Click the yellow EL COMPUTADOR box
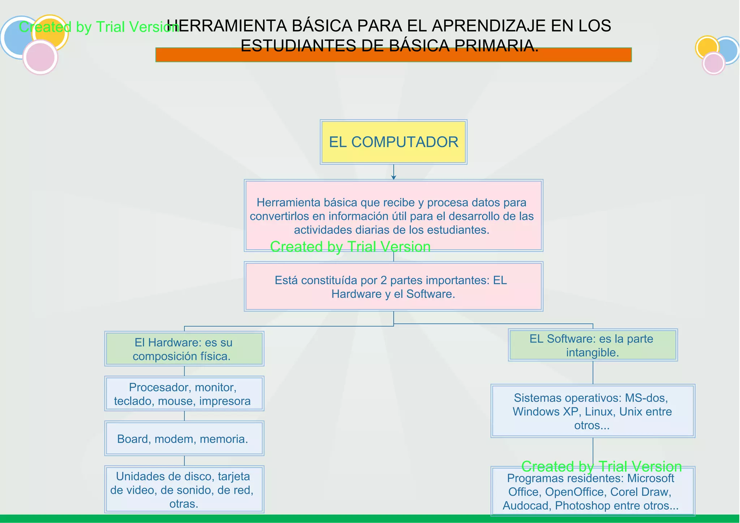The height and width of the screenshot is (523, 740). pyautogui.click(x=393, y=142)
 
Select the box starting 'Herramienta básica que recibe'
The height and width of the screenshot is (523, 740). pyautogui.click(x=393, y=216)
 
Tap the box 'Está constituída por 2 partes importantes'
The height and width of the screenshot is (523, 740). pyautogui.click(x=393, y=286)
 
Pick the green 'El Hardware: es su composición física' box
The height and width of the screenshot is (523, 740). pyautogui.click(x=184, y=349)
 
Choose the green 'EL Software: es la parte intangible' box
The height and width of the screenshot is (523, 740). pyautogui.click(x=593, y=345)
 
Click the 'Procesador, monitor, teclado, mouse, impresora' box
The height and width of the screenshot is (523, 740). pyautogui.click(x=184, y=394)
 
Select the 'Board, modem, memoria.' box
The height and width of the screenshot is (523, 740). pyautogui.click(x=184, y=438)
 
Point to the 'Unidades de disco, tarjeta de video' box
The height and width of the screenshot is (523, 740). pyautogui.click(x=184, y=490)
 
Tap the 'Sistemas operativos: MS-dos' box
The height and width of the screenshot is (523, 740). pyautogui.click(x=593, y=411)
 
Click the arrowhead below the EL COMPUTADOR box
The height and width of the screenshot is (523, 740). pyautogui.click(x=393, y=177)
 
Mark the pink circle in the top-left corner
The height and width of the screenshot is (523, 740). pyautogui.click(x=40, y=57)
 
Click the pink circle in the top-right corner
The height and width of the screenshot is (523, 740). pyautogui.click(x=714, y=64)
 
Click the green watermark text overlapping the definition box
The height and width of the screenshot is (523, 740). pyautogui.click(x=350, y=247)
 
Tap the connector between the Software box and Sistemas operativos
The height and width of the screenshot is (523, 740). pyautogui.click(x=593, y=372)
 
